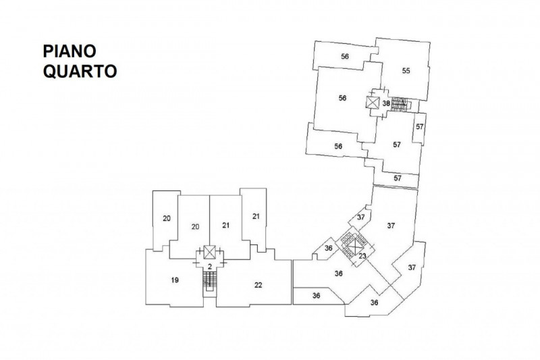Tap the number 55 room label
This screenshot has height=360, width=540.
pos(406,70)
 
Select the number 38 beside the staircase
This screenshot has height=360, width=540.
pos(385,103)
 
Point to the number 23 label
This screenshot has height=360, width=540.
pos(362,256)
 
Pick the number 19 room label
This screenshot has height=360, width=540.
pos(174,279)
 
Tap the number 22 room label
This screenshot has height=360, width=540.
pos(258,284)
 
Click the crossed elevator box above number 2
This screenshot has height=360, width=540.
pos(210,254)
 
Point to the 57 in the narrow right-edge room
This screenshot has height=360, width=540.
pos(419,127)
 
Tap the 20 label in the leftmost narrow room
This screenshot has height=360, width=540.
pos(166,217)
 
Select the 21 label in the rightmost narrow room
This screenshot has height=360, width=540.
pos(256,216)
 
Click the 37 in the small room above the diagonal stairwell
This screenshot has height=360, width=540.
pos(360,217)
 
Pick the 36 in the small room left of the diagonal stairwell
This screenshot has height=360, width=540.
pos(328,249)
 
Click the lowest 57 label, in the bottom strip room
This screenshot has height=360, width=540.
pos(398,178)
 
